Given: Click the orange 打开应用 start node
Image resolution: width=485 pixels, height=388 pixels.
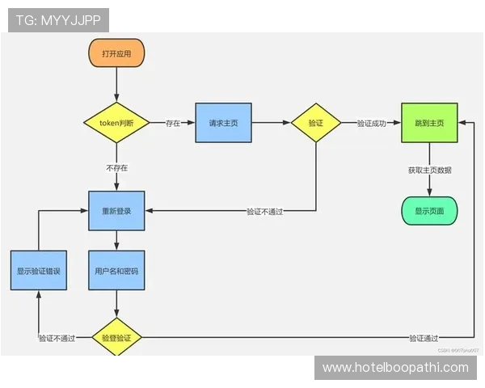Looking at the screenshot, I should coord(116,53).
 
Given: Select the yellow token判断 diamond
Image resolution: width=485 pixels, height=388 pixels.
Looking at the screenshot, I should coord(116,123).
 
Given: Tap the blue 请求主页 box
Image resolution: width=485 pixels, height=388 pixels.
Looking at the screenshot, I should coord(222,123).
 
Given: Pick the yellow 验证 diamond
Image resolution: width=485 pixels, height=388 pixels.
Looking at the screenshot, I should coord(315,123).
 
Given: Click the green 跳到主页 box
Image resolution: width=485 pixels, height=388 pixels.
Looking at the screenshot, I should coord(428,123).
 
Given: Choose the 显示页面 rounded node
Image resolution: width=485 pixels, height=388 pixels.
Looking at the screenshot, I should coord(428,210).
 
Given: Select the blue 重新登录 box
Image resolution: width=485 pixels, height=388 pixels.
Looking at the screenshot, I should coord(116,211).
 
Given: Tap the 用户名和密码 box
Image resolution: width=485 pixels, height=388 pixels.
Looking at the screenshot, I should coord(116,272).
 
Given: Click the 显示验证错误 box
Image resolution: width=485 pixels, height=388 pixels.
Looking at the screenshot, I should coord(39,272).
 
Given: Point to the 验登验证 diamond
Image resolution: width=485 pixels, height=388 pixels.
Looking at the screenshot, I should coord(116,338).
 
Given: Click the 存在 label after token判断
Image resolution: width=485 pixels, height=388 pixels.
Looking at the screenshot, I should coord(173,124).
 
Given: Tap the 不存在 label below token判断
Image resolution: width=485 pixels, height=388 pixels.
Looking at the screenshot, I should coord(116,168).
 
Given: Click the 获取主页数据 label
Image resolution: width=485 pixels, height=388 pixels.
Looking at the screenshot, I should coord(429,170).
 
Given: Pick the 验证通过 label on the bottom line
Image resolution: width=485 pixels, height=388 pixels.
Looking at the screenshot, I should coord(424,338).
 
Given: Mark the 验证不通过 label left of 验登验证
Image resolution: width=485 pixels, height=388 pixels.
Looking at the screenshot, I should coord(57,338).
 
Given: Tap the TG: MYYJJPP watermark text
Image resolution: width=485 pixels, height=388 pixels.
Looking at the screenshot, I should coord(58,20).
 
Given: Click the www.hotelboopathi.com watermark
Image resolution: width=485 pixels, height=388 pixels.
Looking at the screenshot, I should coord(395,368).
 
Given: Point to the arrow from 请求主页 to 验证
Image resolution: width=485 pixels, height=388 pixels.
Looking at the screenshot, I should coord(270,123).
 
